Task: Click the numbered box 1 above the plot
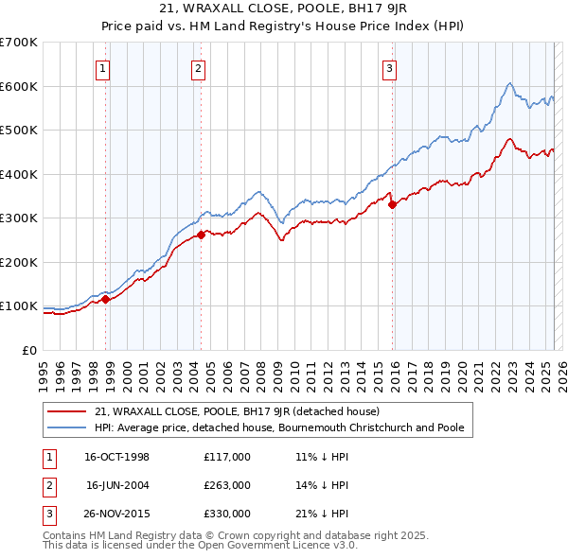[101, 67]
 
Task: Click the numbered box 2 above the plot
[197, 67]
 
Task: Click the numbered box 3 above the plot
[389, 67]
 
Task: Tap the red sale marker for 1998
[106, 299]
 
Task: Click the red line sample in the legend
[68, 411]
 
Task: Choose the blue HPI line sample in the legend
[68, 427]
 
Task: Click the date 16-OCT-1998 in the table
[116, 457]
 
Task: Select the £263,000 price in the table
[227, 485]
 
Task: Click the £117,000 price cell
[227, 457]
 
